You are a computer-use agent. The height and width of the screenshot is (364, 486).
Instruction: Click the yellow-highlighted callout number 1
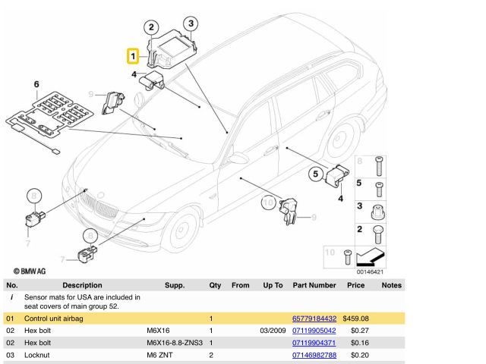coord(132,56)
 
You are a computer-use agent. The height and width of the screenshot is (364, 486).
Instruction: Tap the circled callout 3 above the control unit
coord(191,24)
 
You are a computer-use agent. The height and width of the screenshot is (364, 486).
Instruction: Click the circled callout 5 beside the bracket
coord(315,174)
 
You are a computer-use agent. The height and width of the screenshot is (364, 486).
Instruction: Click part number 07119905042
coord(314,331)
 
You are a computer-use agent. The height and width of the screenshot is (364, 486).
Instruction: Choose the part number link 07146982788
coord(314,355)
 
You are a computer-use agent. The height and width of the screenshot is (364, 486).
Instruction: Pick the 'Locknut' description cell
coord(39,355)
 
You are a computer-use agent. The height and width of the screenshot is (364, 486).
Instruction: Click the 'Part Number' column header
coord(314,285)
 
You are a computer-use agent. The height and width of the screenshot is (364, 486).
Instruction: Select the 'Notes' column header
coord(391,285)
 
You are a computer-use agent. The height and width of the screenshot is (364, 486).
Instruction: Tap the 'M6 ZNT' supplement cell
coord(160,355)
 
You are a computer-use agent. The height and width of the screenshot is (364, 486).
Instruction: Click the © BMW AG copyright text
coord(30,270)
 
